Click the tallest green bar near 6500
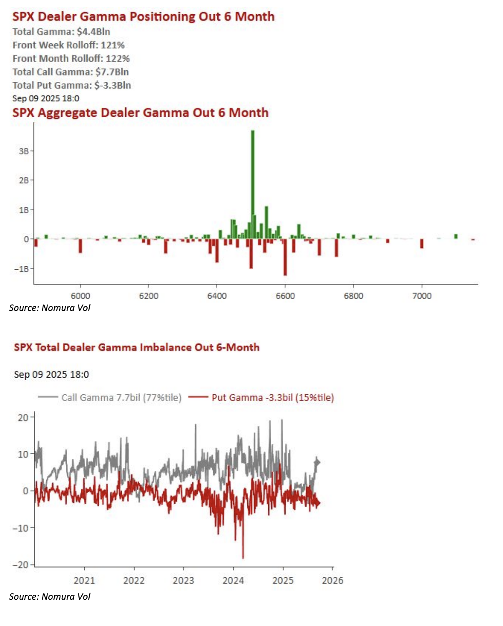pyautogui.click(x=253, y=184)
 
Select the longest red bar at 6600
pyautogui.click(x=285, y=257)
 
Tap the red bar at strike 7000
pyautogui.click(x=422, y=244)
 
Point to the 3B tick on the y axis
pyautogui.click(x=24, y=151)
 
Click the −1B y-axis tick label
pyautogui.click(x=22, y=269)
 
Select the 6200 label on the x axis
pyautogui.click(x=148, y=296)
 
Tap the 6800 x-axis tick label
pyautogui.click(x=354, y=296)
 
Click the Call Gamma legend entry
pyautogui.click(x=110, y=397)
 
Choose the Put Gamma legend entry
pyautogui.click(x=261, y=397)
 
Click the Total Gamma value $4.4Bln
pyautogui.click(x=93, y=31)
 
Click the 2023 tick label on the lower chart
pyautogui.click(x=184, y=581)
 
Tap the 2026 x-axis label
pyautogui.click(x=333, y=581)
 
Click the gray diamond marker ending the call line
pyautogui.click(x=317, y=462)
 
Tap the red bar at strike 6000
pyautogui.click(x=80, y=246)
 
